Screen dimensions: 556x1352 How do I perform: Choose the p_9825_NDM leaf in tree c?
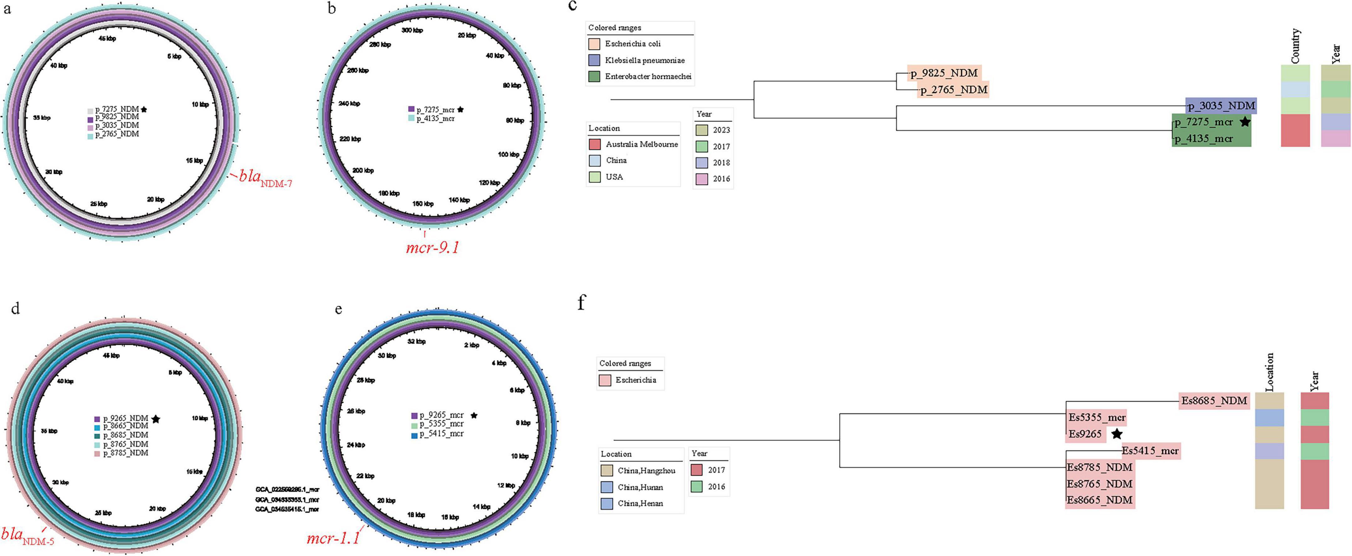pyautogui.click(x=944, y=73)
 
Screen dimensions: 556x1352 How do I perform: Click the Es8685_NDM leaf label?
pyautogui.click(x=1214, y=401)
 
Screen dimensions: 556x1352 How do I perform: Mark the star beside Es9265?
pyautogui.click(x=1117, y=434)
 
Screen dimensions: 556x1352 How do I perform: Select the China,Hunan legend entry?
pyautogui.click(x=640, y=487)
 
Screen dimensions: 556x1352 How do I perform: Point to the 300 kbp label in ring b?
pyautogui.click(x=412, y=30)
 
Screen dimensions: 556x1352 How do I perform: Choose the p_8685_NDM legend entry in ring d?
pyautogui.click(x=126, y=435)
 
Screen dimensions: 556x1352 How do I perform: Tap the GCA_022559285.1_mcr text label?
pyautogui.click(x=287, y=489)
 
